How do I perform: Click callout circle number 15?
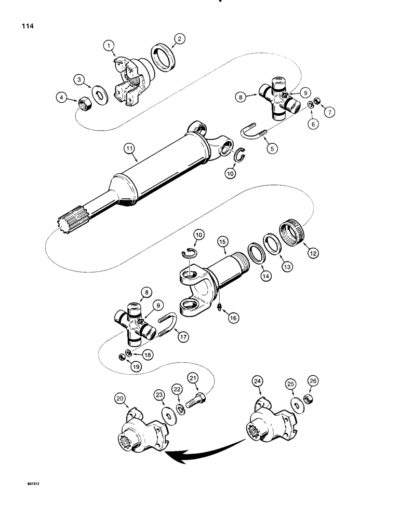pos(222,242)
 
